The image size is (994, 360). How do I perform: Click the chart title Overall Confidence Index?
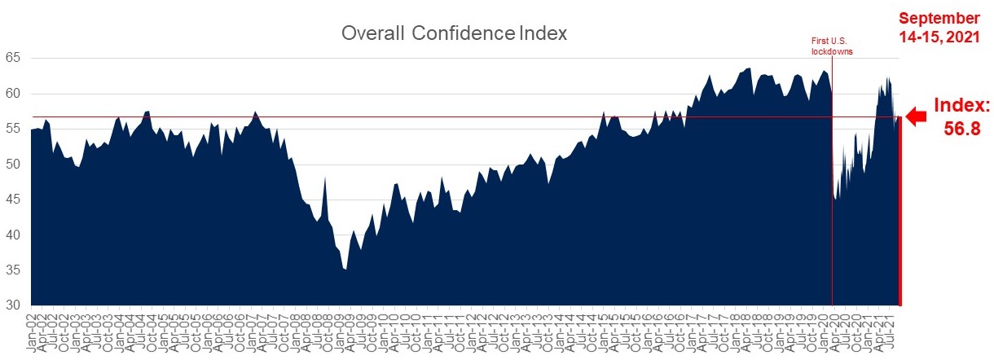point(454,34)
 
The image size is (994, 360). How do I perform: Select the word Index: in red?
point(961,106)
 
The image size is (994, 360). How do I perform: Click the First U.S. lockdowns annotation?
point(831,45)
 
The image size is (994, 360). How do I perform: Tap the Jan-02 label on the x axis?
point(35,336)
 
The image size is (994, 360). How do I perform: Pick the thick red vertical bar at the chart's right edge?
point(899,212)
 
